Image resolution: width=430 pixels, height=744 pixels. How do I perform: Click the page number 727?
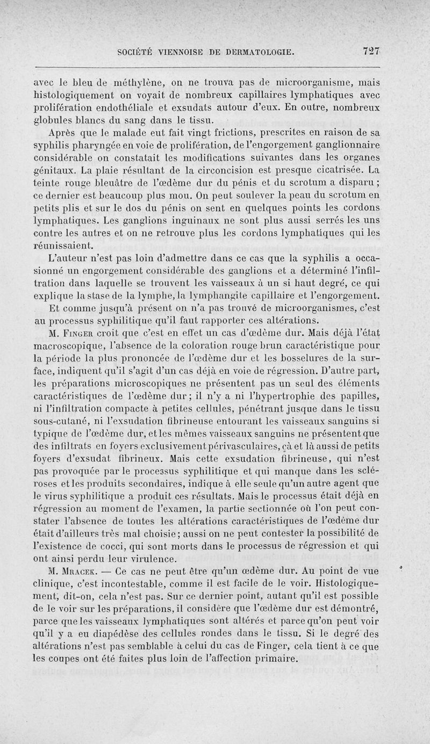[371, 52]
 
